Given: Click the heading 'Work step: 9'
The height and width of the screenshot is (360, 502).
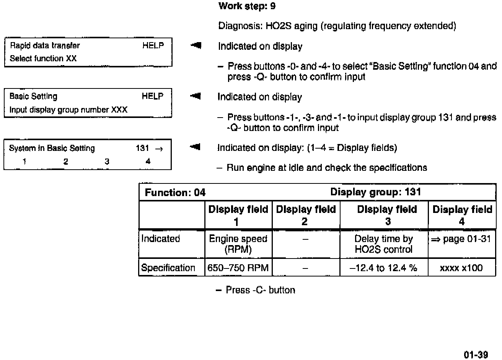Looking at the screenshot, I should click(x=247, y=6).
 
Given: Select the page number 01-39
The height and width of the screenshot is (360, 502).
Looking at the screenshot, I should click(x=476, y=355).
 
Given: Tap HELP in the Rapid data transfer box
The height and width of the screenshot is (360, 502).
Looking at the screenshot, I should click(x=153, y=46).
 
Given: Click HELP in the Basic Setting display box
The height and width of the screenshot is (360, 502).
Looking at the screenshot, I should click(x=152, y=97).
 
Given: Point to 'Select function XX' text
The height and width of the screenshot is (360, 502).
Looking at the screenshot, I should click(x=43, y=59).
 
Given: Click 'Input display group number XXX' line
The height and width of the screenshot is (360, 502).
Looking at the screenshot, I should click(x=68, y=110).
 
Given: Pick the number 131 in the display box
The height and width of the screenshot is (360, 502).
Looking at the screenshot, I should click(x=142, y=148).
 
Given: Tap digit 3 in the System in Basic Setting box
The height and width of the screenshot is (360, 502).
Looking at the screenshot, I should click(x=107, y=162).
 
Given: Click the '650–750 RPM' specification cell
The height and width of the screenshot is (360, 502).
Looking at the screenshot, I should click(x=238, y=268).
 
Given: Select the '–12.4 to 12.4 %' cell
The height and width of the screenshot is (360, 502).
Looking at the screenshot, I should click(x=383, y=268).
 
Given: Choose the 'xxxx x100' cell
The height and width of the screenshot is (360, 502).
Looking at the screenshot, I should click(x=461, y=268).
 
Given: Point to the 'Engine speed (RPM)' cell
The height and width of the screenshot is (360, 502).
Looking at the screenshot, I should click(x=238, y=244).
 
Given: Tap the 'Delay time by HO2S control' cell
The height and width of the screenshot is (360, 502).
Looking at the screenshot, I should click(x=383, y=244).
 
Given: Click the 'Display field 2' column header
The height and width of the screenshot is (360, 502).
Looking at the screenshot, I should click(x=305, y=215).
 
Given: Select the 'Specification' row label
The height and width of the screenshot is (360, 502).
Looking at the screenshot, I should click(x=168, y=268).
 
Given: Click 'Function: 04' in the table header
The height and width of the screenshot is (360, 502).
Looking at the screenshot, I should click(x=175, y=193).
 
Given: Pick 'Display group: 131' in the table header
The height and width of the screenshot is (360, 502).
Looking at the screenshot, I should click(x=375, y=192).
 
